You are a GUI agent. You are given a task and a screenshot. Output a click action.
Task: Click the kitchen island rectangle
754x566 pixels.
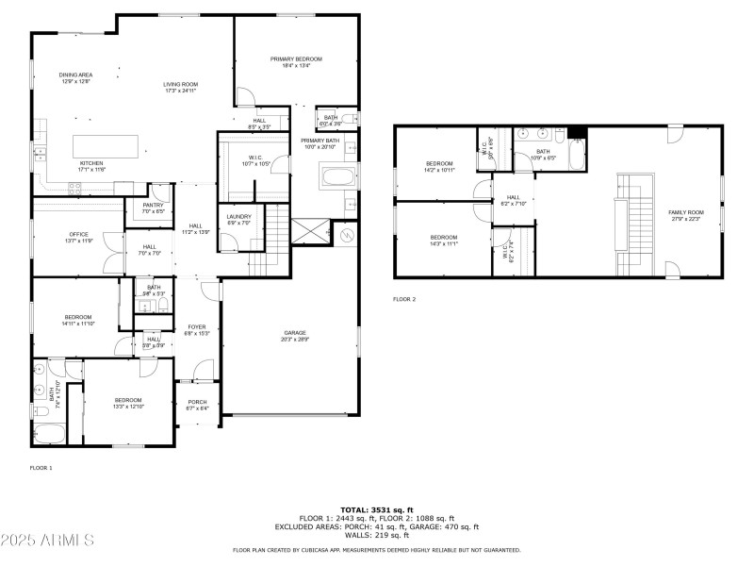(x=107, y=146)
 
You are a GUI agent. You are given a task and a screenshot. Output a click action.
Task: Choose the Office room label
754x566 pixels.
(x=78, y=237)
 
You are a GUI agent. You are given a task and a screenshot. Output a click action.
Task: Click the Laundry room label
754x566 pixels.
(x=238, y=219)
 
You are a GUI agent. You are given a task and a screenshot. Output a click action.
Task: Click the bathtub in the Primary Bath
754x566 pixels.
(x=337, y=176)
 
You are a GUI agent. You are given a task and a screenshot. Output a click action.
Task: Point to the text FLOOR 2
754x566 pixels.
(x=404, y=299)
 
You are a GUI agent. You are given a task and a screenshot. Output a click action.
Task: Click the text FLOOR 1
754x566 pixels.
(x=41, y=468)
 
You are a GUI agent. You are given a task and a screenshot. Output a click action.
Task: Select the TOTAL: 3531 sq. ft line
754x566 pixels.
(x=376, y=510)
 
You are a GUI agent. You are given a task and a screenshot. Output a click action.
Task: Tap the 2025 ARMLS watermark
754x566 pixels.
(x=47, y=541)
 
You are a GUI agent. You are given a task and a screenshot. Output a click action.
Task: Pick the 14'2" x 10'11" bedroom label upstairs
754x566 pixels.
(x=439, y=166)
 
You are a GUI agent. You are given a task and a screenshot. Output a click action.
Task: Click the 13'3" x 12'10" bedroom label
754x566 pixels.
(x=127, y=402)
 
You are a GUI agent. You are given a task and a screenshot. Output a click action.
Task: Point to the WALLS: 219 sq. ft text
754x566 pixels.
(x=376, y=536)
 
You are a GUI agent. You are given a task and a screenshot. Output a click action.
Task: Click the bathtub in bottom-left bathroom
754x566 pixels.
(x=47, y=433)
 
